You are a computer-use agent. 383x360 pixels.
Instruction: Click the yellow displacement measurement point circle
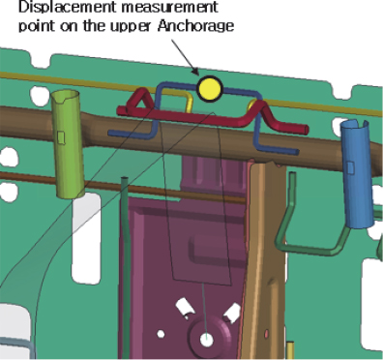209,90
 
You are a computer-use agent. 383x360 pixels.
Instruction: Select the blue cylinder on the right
357,173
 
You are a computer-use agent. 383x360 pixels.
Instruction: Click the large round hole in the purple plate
207,341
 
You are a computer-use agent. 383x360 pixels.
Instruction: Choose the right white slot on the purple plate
232,313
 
